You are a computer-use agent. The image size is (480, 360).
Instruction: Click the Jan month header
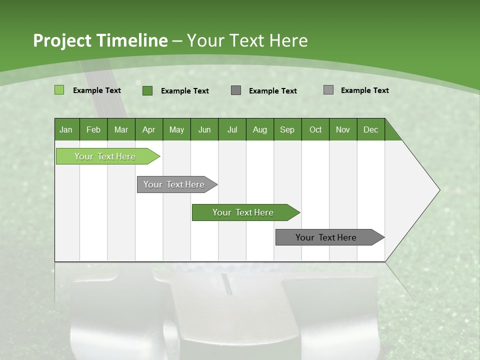pyautogui.click(x=66, y=129)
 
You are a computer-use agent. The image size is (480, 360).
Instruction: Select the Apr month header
pyautogui.click(x=148, y=129)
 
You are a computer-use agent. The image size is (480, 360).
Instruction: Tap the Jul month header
pyautogui.click(x=232, y=129)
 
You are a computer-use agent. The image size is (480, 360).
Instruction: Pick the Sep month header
pyautogui.click(x=287, y=129)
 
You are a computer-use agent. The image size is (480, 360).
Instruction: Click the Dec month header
pyautogui.click(x=370, y=129)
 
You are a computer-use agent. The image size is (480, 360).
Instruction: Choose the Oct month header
pyautogui.click(x=315, y=129)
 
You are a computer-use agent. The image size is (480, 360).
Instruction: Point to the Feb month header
pyautogui.click(x=93, y=129)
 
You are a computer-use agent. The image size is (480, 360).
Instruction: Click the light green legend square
pyautogui.click(x=59, y=90)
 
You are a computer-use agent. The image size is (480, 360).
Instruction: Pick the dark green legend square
pyautogui.click(x=147, y=90)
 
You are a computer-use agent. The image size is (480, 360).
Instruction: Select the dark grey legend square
pyautogui.click(x=236, y=90)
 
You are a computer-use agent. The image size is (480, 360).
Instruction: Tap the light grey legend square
pyautogui.click(x=328, y=90)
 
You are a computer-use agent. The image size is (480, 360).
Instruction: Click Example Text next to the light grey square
pyautogui.click(x=364, y=90)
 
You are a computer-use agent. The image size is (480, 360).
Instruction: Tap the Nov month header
pyautogui.click(x=342, y=129)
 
